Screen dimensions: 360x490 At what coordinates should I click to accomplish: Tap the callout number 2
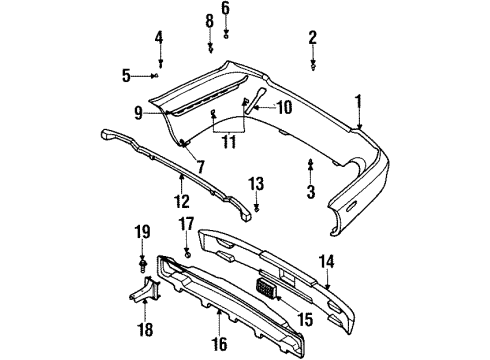pos(312,38)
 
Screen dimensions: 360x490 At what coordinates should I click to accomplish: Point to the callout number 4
pos(159,38)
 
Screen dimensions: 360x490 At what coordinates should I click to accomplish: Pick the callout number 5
pos(126,74)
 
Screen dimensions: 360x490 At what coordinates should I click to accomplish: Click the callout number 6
pos(225,8)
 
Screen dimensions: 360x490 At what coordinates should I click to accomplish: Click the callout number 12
pos(181,184)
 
